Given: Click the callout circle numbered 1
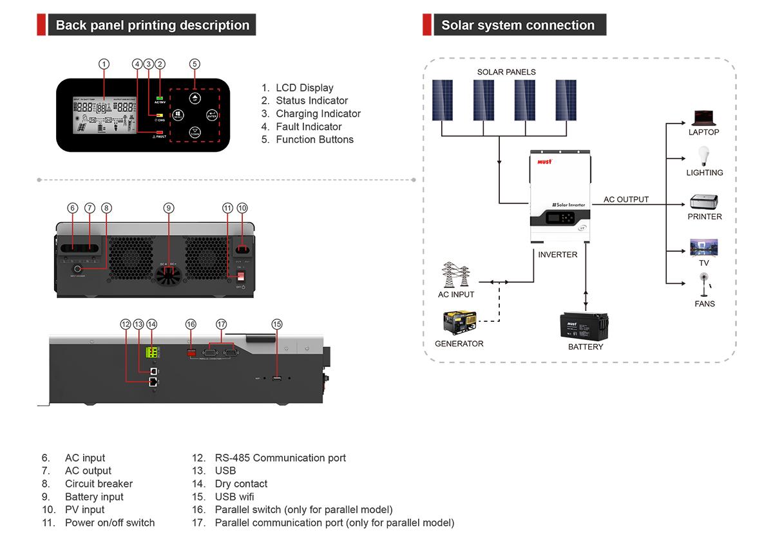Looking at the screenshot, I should point(104,64).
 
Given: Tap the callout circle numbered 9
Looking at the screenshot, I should point(168,208).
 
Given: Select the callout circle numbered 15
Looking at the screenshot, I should point(277,324).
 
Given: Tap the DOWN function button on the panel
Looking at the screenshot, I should point(195,133).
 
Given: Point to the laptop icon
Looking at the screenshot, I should point(703,118).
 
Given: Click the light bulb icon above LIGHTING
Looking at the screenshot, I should point(703,156).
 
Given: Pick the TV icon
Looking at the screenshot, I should point(703,248).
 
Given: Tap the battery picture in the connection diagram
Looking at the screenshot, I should point(585,324).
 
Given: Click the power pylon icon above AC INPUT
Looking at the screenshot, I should point(455,275).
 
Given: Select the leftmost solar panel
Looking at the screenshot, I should point(442,100).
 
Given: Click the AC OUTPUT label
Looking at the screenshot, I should point(625,200).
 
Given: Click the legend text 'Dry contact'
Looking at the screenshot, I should point(241,484).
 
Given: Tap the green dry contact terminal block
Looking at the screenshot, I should point(153,351).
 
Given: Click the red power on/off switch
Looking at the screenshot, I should point(238,275).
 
